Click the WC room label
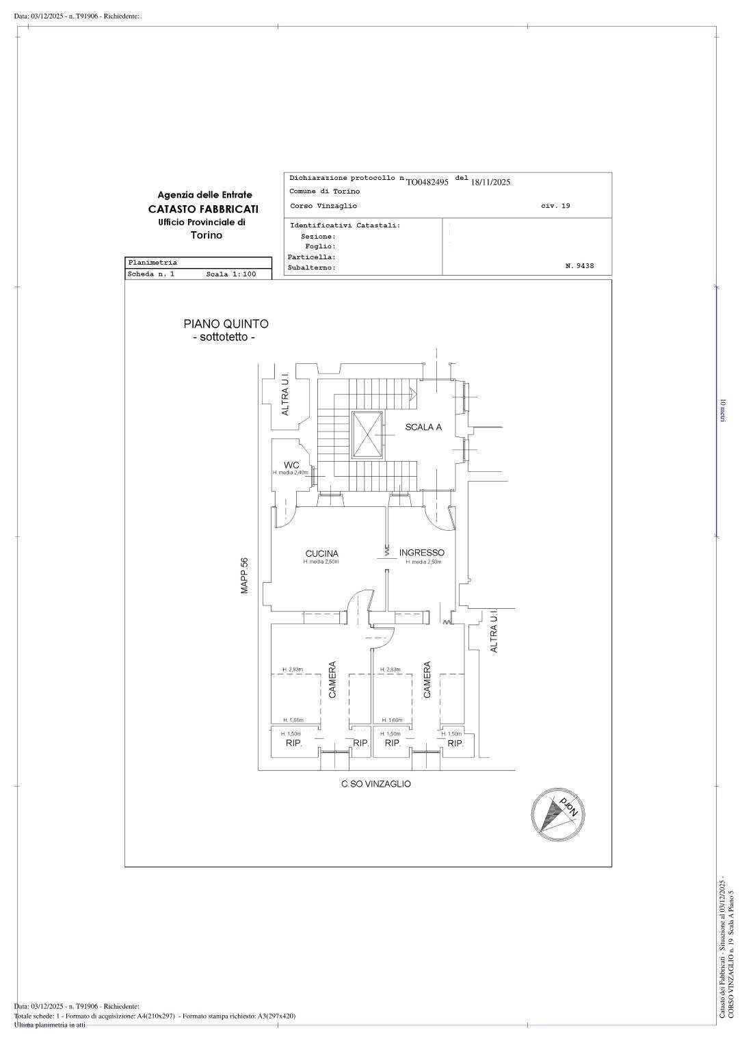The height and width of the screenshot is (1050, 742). pyautogui.click(x=291, y=465)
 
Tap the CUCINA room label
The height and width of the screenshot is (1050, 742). pyautogui.click(x=321, y=553)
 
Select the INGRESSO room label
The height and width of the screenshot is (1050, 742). pyautogui.click(x=422, y=552)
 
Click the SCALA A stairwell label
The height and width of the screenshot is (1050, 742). pyautogui.click(x=423, y=427)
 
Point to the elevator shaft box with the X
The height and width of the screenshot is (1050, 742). pyautogui.click(x=367, y=435)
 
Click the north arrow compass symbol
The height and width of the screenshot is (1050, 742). pyautogui.click(x=557, y=813)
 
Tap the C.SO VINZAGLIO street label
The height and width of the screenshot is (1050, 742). pyautogui.click(x=376, y=784)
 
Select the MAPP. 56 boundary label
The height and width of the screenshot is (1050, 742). pyautogui.click(x=245, y=575)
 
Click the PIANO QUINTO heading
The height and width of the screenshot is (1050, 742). pyautogui.click(x=226, y=324)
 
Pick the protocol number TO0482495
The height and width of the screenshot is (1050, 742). pyautogui.click(x=427, y=182)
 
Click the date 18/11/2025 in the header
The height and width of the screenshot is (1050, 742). pyautogui.click(x=490, y=182)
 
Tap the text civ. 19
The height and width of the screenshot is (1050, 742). pyautogui.click(x=555, y=206)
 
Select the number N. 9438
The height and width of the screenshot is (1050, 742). pyautogui.click(x=579, y=266)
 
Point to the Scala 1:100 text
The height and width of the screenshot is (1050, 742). pyautogui.click(x=230, y=274)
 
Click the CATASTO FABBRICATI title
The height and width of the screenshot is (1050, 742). pyautogui.click(x=204, y=209)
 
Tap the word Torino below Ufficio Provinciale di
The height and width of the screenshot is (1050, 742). pyautogui.click(x=206, y=235)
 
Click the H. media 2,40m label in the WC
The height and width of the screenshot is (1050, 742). pyautogui.click(x=290, y=473)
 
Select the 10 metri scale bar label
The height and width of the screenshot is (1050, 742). pyautogui.click(x=722, y=410)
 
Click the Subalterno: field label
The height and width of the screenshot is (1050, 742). pyautogui.click(x=312, y=268)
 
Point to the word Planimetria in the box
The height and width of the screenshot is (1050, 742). pyautogui.click(x=153, y=263)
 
